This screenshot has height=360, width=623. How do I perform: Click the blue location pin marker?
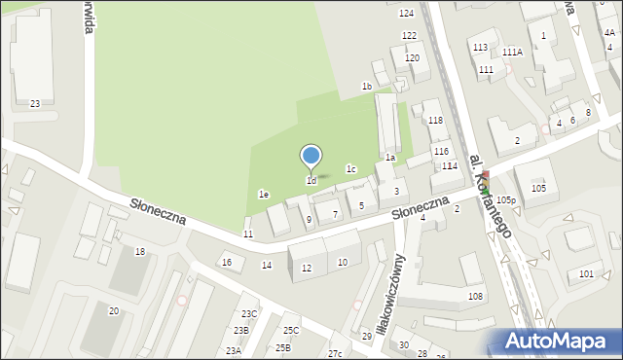[311, 156]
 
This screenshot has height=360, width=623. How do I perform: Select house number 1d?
[311, 181]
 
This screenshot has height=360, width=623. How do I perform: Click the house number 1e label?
[263, 195]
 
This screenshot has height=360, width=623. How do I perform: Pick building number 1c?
[350, 169]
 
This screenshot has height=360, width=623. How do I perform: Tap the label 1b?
[367, 87]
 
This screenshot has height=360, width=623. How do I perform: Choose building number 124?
[406, 13]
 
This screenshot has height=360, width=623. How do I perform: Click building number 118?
[435, 121]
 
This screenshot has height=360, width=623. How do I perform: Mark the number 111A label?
[513, 52]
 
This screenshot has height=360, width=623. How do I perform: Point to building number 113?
[480, 47]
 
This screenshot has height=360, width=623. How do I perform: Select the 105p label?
[504, 199]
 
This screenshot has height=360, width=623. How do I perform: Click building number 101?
[586, 274]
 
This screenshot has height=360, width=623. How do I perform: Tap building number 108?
[475, 296]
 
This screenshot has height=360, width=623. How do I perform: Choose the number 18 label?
[140, 252]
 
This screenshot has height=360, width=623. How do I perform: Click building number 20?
[113, 310]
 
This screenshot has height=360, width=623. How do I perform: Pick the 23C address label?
[249, 313]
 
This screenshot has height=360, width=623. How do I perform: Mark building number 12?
[307, 268]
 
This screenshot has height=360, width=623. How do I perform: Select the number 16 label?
[227, 263]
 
